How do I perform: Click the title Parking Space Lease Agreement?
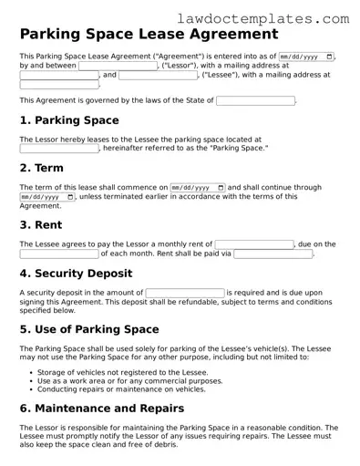pyautogui.click(x=149, y=35)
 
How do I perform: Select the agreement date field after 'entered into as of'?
pyautogui.click(x=305, y=57)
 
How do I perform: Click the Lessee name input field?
pyautogui.click(x=158, y=75)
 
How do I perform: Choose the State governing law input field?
pyautogui.click(x=256, y=100)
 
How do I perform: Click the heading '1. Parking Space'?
pyautogui.click(x=68, y=120)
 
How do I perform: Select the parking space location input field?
pyautogui.click(x=59, y=148)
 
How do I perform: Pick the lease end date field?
pyautogui.click(x=46, y=196)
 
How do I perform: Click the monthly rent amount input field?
pyautogui.click(x=254, y=244)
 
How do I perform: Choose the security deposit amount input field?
pyautogui.click(x=185, y=293)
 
